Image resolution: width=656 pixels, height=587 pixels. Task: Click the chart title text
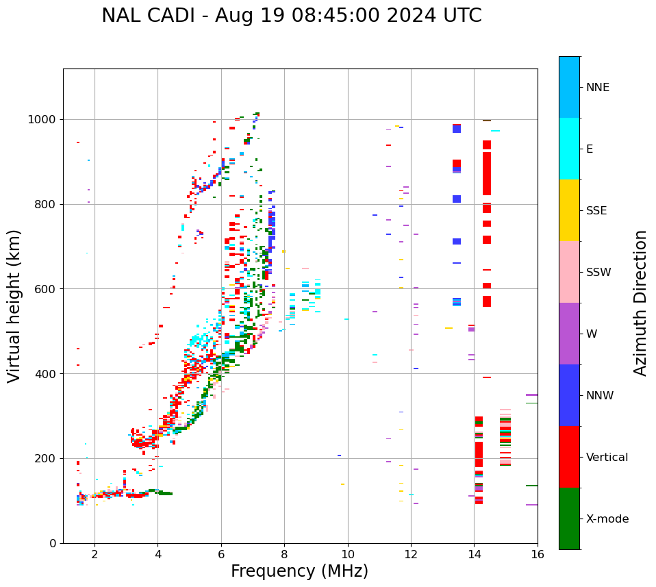pyautogui.click(x=292, y=16)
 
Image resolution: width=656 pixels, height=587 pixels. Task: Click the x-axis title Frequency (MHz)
pyautogui.click(x=299, y=571)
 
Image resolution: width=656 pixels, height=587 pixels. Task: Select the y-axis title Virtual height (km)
pyautogui.click(x=14, y=306)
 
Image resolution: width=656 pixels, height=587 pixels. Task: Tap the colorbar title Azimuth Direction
pyautogui.click(x=640, y=303)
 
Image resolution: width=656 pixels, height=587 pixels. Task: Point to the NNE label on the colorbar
pyautogui.click(x=597, y=88)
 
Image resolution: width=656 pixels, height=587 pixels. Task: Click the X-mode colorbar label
pyautogui.click(x=607, y=519)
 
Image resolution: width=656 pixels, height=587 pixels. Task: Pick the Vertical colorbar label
pyautogui.click(x=607, y=458)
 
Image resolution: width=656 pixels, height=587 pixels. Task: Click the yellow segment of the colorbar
pyautogui.click(x=569, y=210)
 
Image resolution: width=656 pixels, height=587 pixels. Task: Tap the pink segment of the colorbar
pyautogui.click(x=569, y=272)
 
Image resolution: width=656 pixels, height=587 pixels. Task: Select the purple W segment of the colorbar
pyautogui.click(x=569, y=334)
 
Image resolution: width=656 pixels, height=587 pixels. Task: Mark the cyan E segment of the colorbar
pyautogui.click(x=569, y=149)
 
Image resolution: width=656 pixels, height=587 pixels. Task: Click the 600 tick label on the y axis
pyautogui.click(x=47, y=289)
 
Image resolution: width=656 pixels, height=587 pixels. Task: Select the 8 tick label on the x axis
pyautogui.click(x=284, y=554)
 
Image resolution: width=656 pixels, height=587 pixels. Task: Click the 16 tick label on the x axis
pyautogui.click(x=537, y=554)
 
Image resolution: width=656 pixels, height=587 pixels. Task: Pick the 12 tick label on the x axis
pyautogui.click(x=411, y=554)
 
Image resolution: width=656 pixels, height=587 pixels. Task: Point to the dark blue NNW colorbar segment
pyautogui.click(x=569, y=395)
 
